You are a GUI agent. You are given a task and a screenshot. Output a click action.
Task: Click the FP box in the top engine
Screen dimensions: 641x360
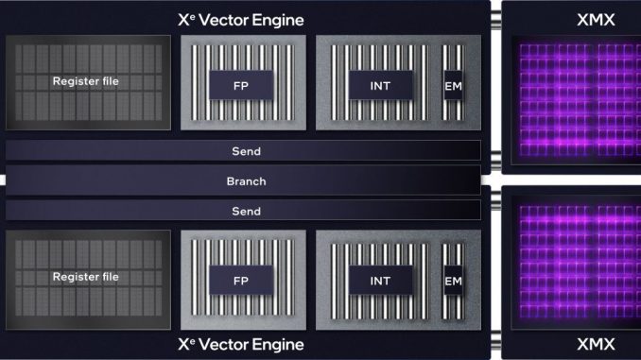241,85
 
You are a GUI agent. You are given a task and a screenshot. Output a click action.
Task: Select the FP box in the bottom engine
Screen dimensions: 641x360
241,281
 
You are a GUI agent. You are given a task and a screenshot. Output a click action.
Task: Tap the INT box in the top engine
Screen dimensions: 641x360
381,85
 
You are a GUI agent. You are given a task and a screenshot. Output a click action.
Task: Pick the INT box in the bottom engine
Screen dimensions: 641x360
381,281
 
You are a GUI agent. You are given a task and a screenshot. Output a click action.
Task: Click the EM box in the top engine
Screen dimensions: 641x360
453,85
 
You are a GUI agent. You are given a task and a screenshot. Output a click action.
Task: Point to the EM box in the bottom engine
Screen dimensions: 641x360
453,281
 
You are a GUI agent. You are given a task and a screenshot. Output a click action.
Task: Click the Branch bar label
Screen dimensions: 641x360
246,181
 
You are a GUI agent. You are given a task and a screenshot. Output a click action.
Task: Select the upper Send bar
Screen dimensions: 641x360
243,151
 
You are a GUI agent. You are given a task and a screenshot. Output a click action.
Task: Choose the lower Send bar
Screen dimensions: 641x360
243,211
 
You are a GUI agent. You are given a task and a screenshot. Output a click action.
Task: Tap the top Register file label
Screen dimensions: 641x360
86,81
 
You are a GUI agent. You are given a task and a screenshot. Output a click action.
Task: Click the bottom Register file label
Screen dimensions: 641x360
86,277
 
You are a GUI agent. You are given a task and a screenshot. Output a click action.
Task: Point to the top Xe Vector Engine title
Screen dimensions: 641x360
241,20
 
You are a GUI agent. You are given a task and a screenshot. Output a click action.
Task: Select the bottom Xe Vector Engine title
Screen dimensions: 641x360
241,345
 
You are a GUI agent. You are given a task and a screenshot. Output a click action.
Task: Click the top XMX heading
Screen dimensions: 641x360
596,20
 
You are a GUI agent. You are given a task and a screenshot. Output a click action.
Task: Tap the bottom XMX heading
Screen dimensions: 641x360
596,345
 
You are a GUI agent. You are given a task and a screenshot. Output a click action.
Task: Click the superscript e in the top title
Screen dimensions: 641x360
193,16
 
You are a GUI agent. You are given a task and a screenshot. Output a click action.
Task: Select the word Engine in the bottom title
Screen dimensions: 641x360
278,345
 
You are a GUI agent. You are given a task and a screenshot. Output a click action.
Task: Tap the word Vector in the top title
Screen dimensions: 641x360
223,20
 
